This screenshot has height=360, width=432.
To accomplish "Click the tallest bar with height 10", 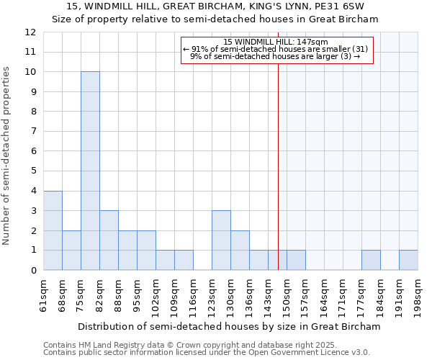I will tap(90, 171).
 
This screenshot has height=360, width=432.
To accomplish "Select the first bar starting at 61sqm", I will tap(53, 230).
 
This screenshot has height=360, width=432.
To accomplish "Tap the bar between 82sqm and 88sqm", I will tap(109, 240).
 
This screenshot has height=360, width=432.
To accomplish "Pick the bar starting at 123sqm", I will tap(221, 240).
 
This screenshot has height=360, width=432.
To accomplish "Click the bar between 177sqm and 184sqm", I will tap(371, 260).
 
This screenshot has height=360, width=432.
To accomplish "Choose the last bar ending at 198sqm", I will tap(408, 260).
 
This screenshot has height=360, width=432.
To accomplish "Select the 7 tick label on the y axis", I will tap(32, 132).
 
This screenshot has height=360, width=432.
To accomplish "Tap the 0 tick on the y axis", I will tap(32, 270).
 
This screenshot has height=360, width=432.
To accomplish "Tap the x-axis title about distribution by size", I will tap(229, 326).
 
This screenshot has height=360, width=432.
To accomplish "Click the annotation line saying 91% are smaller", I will tap(276, 49).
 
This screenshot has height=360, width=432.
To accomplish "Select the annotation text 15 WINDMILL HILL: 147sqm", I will tap(276, 42).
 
